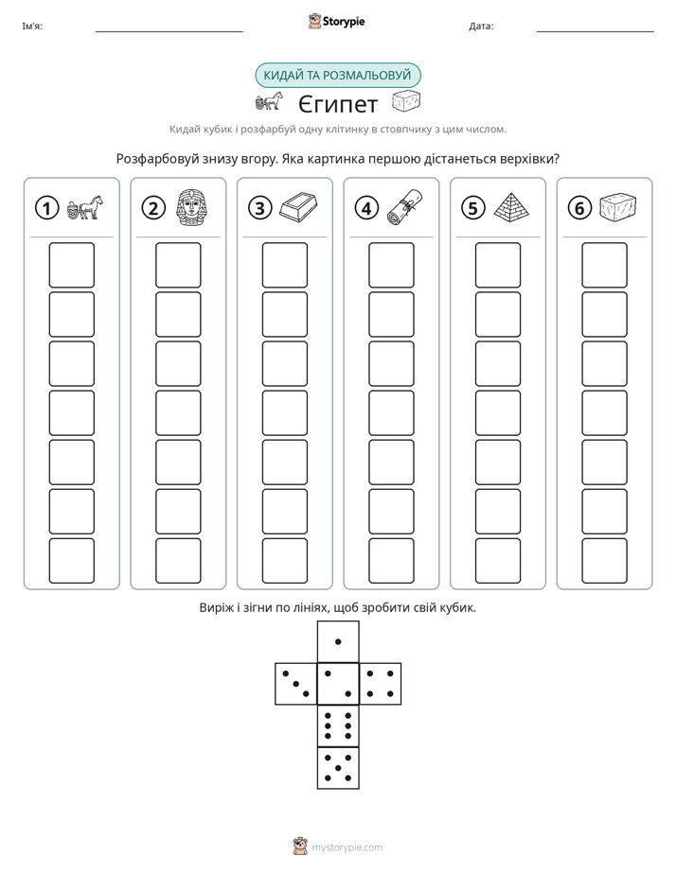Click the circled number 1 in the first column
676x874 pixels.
click(46, 208)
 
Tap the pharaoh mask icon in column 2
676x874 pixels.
click(191, 207)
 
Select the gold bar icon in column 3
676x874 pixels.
click(298, 207)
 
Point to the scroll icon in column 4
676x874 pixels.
click(405, 207)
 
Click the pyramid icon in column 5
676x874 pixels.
click(511, 207)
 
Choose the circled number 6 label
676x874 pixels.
click(579, 208)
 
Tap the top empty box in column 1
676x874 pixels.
click(71, 265)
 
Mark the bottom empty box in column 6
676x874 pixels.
click(605, 561)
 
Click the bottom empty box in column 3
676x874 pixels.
click(285, 561)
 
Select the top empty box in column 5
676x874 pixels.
click(498, 265)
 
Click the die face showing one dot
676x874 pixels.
click(338, 641)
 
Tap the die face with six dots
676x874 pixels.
click(338, 725)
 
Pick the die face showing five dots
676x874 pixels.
click(338, 768)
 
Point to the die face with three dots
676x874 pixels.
click(296, 684)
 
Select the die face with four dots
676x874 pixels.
click(381, 684)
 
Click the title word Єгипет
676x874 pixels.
click(337, 104)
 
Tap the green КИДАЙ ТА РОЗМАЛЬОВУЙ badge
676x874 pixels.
click(338, 76)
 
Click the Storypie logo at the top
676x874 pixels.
click(336, 22)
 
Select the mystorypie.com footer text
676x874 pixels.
click(347, 848)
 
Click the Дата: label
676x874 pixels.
click(481, 26)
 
